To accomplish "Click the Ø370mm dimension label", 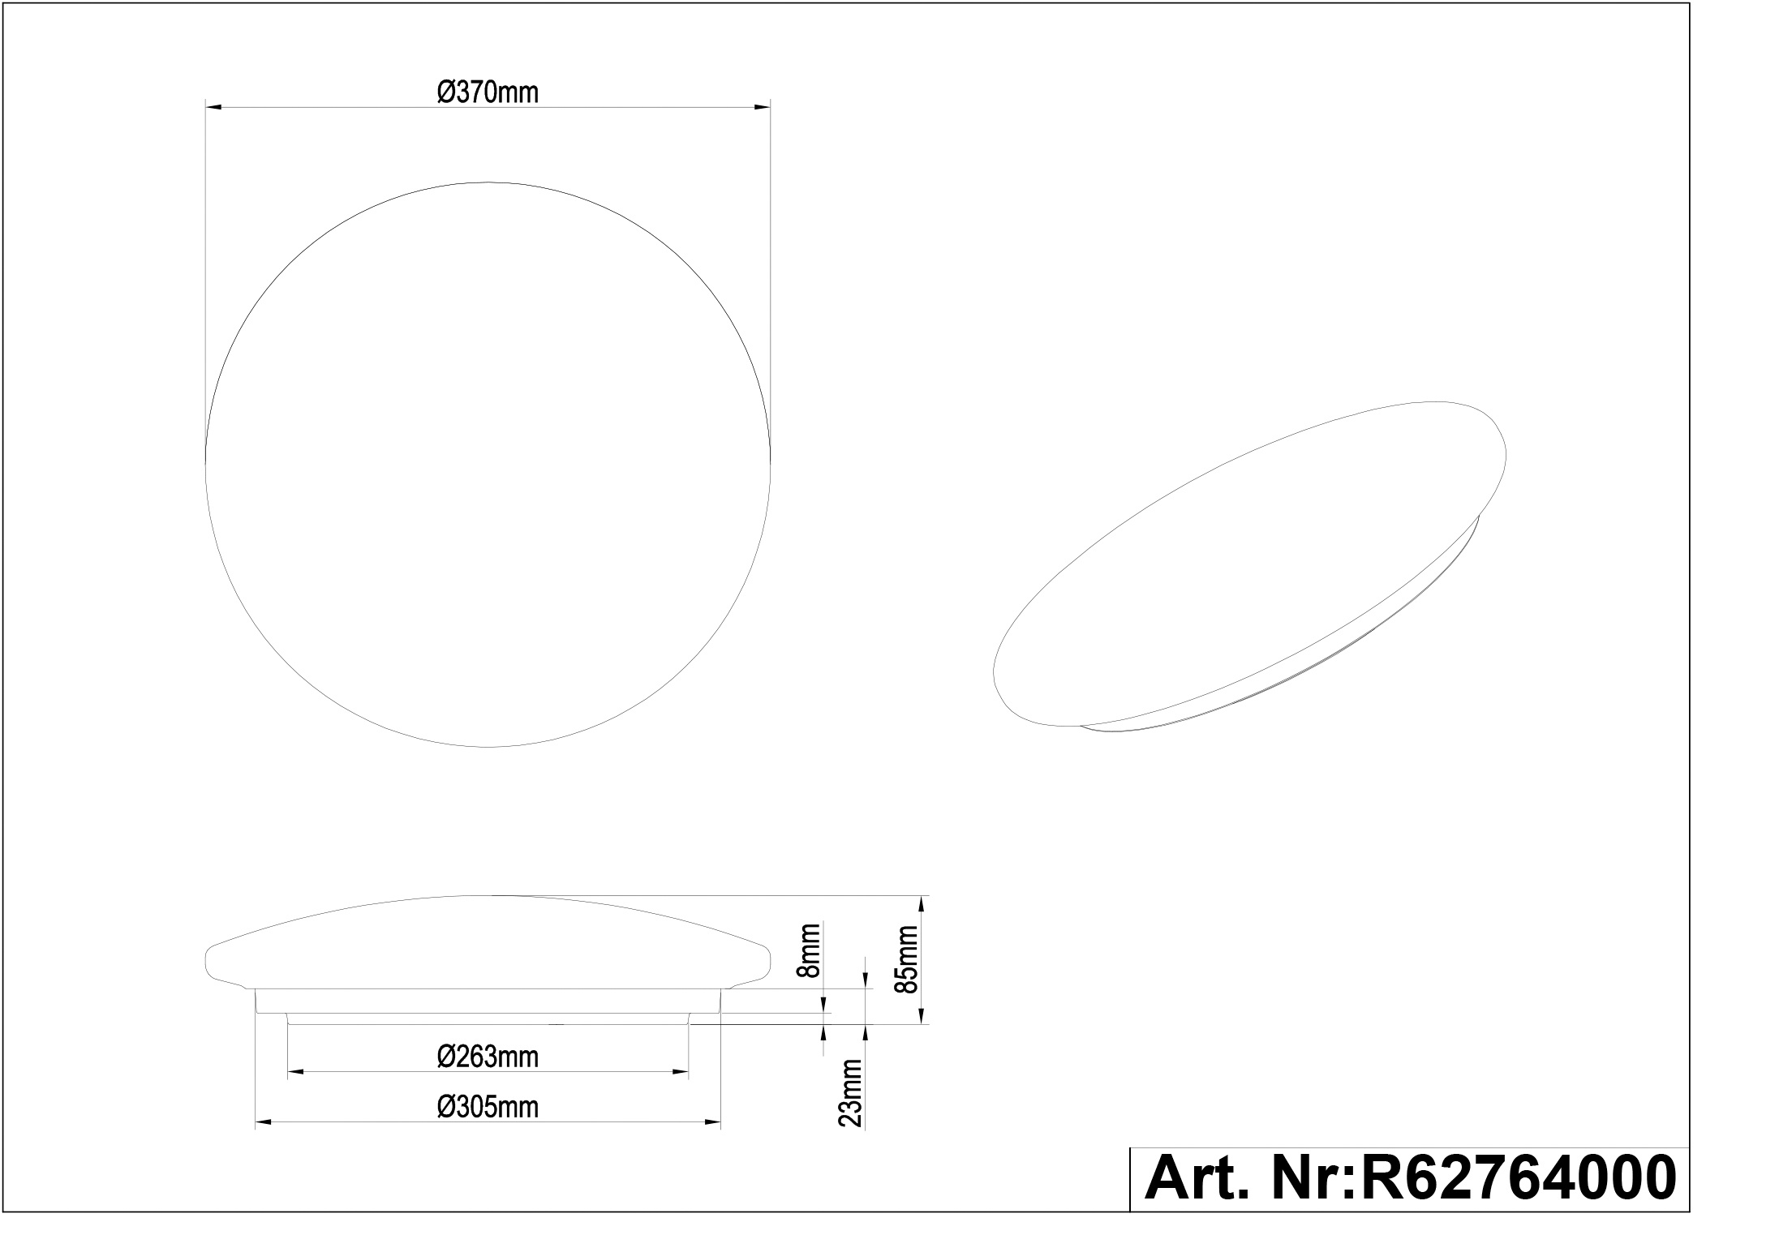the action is (x=488, y=93).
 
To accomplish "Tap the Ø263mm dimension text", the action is (x=488, y=1057).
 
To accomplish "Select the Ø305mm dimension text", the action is (x=488, y=1107).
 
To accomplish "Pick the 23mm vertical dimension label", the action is (x=852, y=1092).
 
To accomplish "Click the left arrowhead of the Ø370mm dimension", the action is (x=213, y=106).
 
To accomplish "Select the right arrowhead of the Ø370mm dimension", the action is (x=762, y=106).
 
